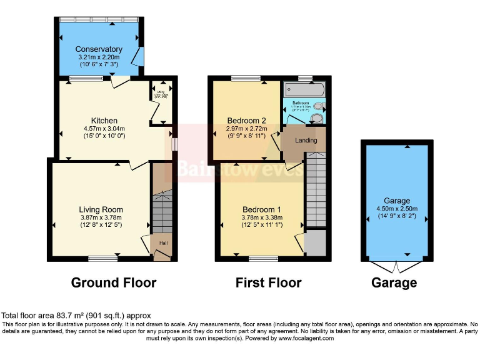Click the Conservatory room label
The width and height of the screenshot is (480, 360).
tap(99, 49)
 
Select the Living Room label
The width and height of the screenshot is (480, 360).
tap(101, 209)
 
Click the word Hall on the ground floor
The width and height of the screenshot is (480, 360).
tap(162, 242)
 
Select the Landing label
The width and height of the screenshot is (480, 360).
tap(306, 141)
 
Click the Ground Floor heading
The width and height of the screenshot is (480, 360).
tap(114, 282)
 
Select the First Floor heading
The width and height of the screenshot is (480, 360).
tap(268, 282)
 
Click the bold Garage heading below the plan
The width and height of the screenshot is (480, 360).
tap(394, 283)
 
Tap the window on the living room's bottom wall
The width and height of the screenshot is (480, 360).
tap(102, 258)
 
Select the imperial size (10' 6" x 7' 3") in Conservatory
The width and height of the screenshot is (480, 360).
tap(99, 64)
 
